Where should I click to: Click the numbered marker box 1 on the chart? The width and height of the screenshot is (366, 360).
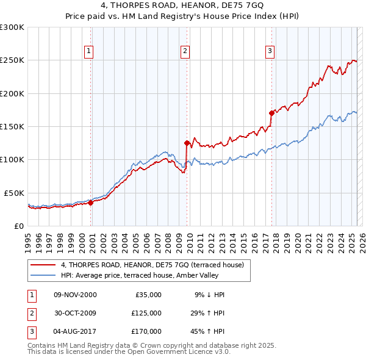tap(89, 51)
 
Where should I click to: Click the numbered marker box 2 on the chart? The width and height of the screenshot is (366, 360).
tap(184, 51)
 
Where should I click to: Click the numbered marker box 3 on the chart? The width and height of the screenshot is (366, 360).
tap(269, 51)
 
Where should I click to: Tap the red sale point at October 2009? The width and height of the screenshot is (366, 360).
tap(187, 143)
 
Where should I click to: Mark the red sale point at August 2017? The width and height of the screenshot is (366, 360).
tap(271, 113)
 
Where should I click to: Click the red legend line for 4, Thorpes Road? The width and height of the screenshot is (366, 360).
tap(44, 265)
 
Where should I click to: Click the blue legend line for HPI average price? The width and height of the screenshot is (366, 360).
tap(44, 275)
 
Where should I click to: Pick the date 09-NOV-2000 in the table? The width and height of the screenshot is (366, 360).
tap(75, 295)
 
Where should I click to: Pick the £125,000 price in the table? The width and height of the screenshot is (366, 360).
tap(146, 312)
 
